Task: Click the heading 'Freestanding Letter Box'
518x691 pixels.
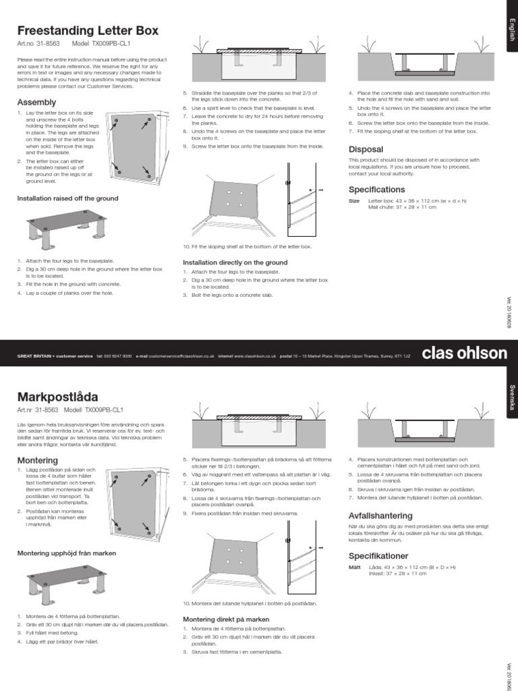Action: coord(88,30)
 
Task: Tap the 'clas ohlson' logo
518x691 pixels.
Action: coord(463,353)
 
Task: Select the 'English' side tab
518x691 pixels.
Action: coord(511,30)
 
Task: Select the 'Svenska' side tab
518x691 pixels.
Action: coord(511,398)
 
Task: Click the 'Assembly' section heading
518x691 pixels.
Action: coord(36,102)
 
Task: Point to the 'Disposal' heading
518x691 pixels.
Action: coord(366,149)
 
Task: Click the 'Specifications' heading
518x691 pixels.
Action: coord(376,190)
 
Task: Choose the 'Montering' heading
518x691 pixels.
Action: coord(37,460)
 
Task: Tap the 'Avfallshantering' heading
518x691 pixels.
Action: coord(380,516)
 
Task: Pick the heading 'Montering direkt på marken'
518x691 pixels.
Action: coord(226,619)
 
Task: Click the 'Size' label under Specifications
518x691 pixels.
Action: coord(354,201)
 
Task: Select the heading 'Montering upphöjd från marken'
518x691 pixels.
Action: coord(66,553)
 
